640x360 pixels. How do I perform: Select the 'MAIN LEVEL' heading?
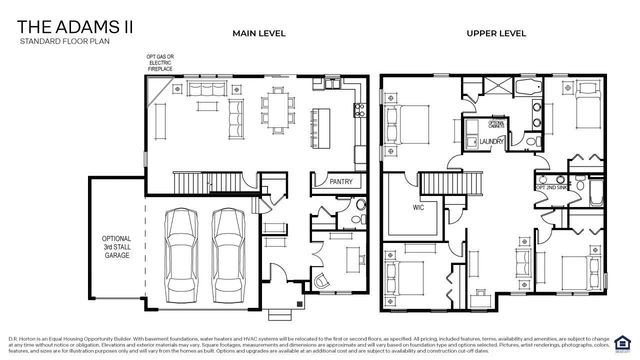(x=259, y=33)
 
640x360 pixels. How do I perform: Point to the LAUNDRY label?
(x=490, y=142)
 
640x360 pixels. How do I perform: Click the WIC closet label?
(x=419, y=208)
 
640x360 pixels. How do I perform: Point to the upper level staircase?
(x=452, y=183)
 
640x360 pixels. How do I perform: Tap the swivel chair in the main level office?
(x=322, y=280)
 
